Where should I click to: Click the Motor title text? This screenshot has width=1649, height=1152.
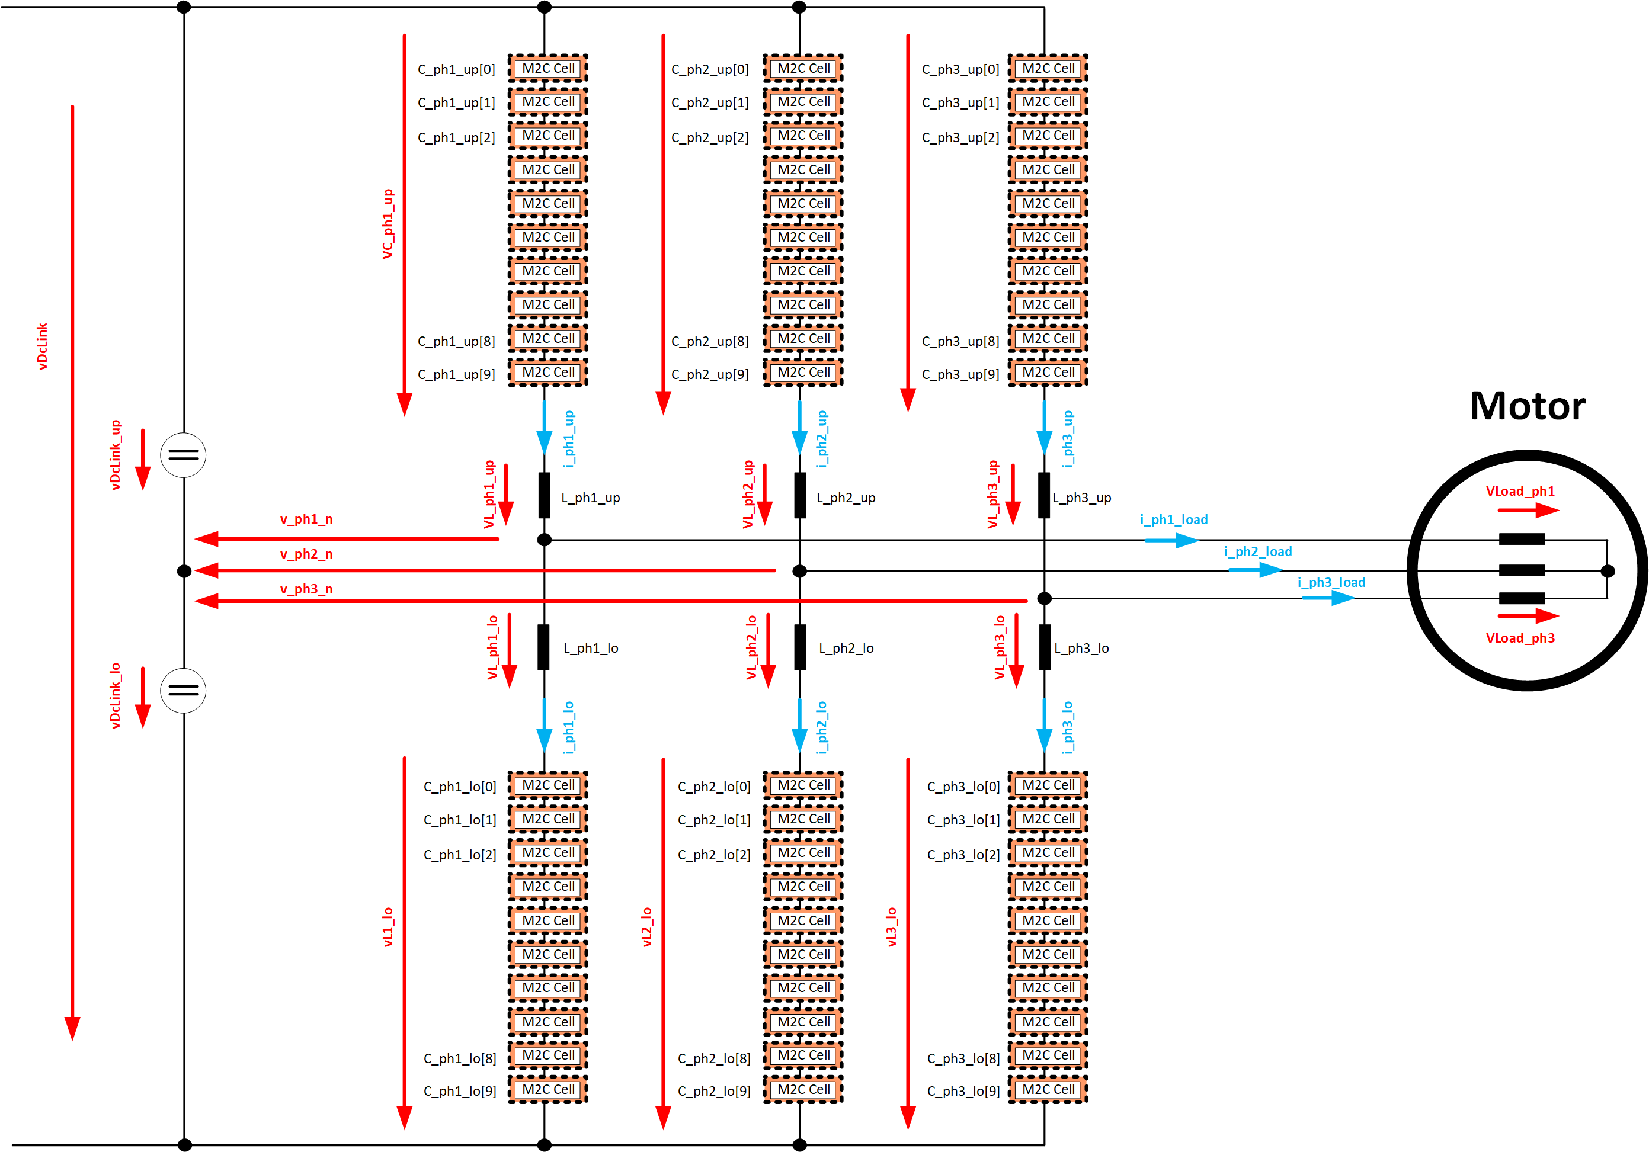[x=1527, y=406]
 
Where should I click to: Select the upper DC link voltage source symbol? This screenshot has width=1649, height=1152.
[x=183, y=455]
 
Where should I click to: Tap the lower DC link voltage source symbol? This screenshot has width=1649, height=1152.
[x=183, y=691]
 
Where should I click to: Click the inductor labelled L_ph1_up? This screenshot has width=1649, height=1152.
[x=545, y=495]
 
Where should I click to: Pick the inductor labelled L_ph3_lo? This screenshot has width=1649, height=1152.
[x=1045, y=647]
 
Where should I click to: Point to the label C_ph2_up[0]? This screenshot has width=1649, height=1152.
[x=710, y=70]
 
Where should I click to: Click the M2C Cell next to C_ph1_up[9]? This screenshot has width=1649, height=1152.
[x=548, y=373]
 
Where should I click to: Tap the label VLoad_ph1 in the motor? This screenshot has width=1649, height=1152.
[x=1520, y=492]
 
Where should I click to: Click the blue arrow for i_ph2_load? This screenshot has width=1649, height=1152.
[x=1256, y=570]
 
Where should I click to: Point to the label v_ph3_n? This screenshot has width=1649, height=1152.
[x=306, y=589]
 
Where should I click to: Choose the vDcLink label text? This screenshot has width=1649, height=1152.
[x=43, y=346]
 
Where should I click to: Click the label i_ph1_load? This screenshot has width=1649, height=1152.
[x=1174, y=519]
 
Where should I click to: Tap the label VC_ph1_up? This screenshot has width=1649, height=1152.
[x=388, y=224]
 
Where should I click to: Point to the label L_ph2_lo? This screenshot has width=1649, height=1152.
[x=846, y=648]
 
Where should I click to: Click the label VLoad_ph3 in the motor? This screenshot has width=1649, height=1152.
[x=1520, y=638]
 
